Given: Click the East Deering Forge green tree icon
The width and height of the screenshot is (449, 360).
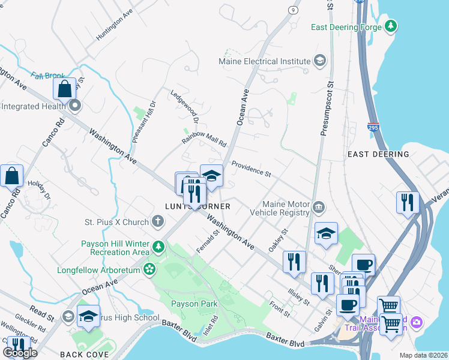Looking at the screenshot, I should (391, 26).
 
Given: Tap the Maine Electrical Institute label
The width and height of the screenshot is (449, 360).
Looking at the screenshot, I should (265, 61).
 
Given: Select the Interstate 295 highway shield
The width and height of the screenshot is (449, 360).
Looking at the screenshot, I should (373, 127).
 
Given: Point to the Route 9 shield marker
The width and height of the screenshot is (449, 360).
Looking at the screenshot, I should (293, 10).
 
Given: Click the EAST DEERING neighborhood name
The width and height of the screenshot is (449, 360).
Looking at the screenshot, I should (378, 154).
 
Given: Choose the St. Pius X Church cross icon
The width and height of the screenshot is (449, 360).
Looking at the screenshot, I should (158, 223).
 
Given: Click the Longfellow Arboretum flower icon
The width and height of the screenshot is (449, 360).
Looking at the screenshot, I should (149, 270).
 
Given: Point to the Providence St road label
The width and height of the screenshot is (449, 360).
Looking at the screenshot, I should (252, 169).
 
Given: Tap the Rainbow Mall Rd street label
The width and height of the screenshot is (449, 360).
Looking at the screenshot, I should (203, 139).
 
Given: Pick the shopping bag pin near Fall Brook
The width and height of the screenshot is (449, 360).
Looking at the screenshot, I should (64, 89).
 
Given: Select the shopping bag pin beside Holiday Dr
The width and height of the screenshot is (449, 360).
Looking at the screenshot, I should (11, 176).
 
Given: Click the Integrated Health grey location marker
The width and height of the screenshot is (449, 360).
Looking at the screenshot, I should (75, 106).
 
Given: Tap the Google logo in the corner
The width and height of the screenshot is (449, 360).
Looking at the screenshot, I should (20, 352).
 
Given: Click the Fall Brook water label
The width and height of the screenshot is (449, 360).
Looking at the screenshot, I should (47, 76).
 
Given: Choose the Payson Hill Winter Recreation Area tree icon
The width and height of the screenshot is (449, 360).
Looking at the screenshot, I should (158, 247).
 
